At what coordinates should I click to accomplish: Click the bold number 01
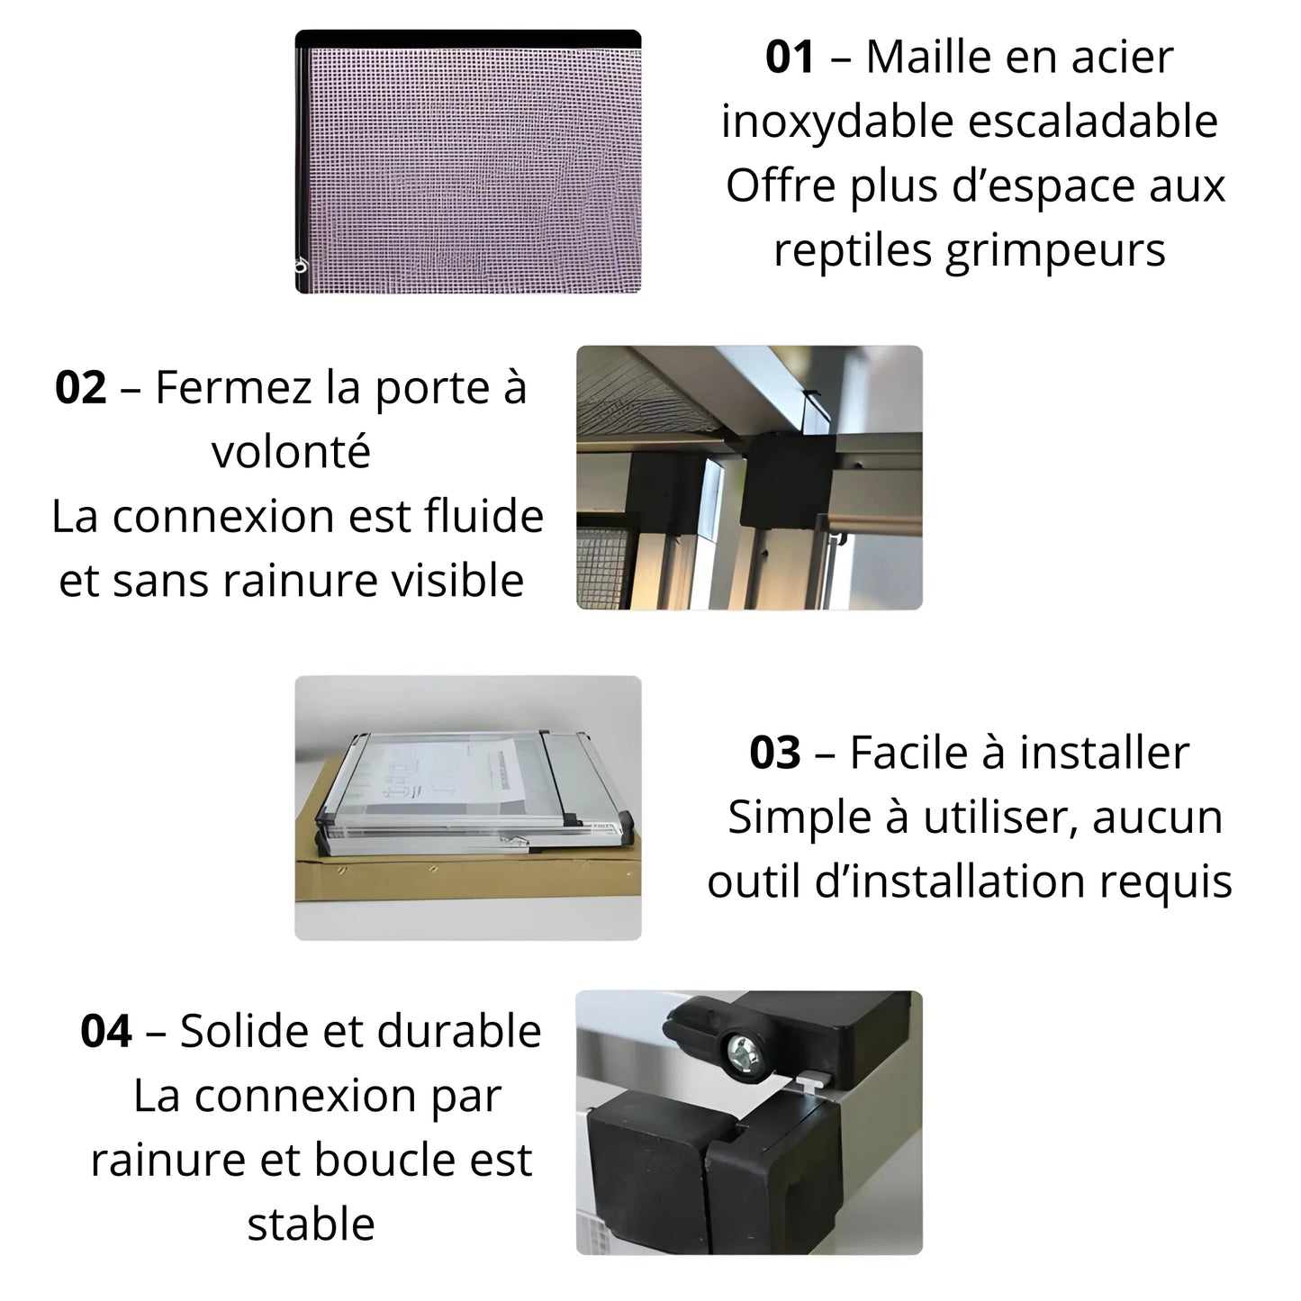tap(790, 58)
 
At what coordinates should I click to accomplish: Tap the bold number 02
tap(80, 388)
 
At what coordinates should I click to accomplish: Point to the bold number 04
tap(106, 1031)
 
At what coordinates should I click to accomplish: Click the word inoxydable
tap(836, 122)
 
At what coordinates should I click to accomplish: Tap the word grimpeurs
tap(1056, 251)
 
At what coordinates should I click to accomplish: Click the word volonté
tap(292, 451)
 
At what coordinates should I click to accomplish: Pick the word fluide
tap(484, 516)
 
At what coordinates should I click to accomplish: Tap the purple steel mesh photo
tap(468, 162)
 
